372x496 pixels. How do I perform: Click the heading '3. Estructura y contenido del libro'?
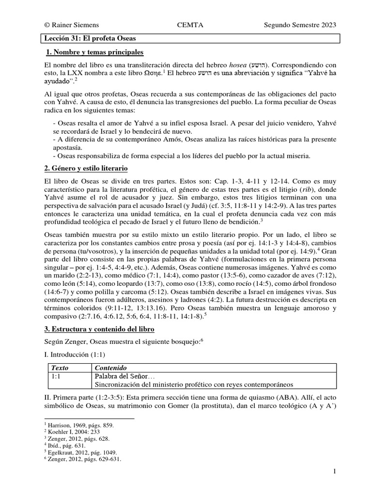[x=99, y=329]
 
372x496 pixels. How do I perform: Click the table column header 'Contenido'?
[x=109, y=368]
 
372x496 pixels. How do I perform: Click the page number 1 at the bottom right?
[x=334, y=471]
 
